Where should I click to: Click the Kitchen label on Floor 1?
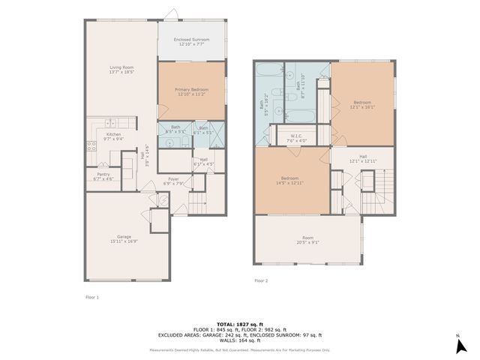(x=113, y=136)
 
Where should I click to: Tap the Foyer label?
(x=173, y=181)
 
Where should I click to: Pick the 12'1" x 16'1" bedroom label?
(x=362, y=104)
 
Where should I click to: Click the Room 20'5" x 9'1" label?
(x=308, y=240)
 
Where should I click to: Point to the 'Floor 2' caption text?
(x=261, y=280)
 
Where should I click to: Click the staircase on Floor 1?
(x=198, y=202)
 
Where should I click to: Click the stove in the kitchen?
(x=91, y=146)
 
